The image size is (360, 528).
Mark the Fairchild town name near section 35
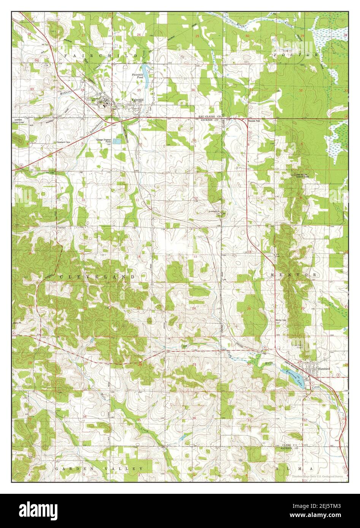(x=137, y=100)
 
